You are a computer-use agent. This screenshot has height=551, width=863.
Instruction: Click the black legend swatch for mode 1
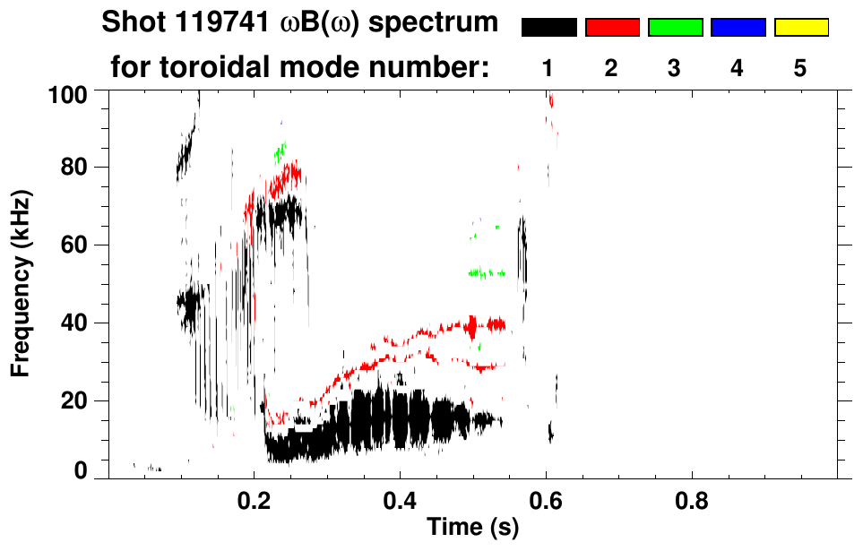[x=548, y=28]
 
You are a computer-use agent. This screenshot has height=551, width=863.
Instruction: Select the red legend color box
[x=612, y=28]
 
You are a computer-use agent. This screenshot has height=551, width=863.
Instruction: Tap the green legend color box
[x=675, y=28]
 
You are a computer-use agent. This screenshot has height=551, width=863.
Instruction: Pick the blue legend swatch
[x=738, y=28]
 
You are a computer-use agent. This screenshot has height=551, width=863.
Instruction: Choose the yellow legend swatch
[x=801, y=28]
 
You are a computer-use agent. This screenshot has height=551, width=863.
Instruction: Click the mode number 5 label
[x=800, y=68]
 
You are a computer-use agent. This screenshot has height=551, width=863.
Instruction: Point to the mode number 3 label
[x=675, y=68]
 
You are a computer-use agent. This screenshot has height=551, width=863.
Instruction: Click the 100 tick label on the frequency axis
[x=68, y=93]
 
